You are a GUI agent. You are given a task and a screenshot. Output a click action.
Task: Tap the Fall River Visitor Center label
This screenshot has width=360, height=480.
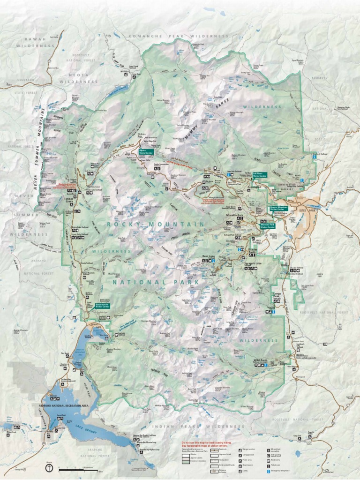(260, 175)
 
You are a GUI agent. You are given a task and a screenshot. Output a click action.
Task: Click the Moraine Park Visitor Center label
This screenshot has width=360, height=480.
(268, 225)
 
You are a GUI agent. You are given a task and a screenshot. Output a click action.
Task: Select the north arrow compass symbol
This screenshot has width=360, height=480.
(49, 467)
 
